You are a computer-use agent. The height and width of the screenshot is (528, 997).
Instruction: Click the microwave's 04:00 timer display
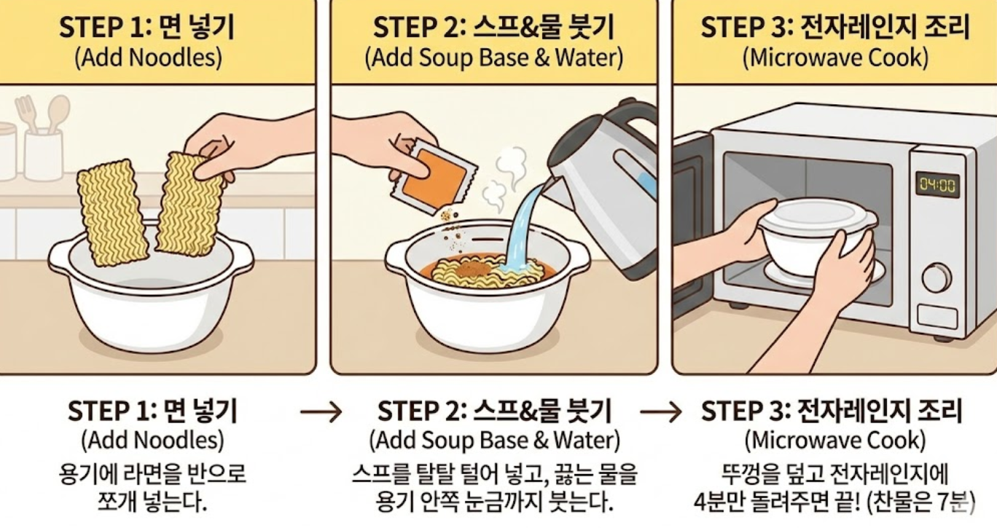click(937, 184)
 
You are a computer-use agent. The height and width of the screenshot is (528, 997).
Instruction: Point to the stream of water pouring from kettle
click(525, 226)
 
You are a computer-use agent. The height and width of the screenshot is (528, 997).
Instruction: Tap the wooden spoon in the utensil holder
click(58, 113)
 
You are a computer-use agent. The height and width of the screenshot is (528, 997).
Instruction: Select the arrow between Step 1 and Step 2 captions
click(321, 412)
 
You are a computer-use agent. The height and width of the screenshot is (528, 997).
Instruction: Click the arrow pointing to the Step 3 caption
click(661, 412)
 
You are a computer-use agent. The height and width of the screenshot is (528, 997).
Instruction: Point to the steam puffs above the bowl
click(505, 178)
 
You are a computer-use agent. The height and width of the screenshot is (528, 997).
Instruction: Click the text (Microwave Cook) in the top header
click(835, 58)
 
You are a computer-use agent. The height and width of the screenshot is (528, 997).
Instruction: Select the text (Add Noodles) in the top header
click(148, 58)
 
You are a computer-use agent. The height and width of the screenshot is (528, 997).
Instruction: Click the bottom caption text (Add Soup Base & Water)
click(495, 441)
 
